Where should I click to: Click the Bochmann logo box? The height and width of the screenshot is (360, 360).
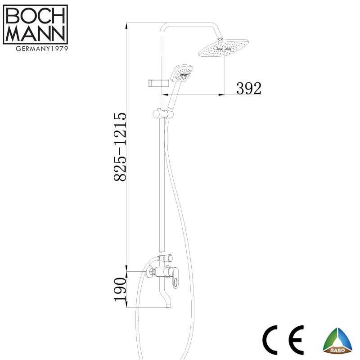(36, 24)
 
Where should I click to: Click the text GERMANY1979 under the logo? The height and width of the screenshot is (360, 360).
(42, 49)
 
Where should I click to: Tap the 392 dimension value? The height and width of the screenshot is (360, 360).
(249, 88)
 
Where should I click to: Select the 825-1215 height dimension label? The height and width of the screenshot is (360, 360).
(120, 147)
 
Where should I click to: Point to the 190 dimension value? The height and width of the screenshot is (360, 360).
(120, 289)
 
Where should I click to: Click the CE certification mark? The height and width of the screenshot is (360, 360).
(283, 340)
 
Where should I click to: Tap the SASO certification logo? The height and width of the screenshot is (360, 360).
(337, 341)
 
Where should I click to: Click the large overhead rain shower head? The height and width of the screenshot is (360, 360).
(223, 48)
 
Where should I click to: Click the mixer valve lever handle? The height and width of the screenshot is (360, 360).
(175, 279)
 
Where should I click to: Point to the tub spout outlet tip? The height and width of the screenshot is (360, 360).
(169, 306)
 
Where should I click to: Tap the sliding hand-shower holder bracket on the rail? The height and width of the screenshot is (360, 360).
(163, 114)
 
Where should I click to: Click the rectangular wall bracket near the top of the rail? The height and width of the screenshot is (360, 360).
(158, 83)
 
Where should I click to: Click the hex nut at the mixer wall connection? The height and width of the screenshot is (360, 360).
(152, 272)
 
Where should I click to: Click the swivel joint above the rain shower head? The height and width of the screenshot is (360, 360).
(220, 40)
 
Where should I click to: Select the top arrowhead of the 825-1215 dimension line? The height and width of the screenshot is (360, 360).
(126, 26)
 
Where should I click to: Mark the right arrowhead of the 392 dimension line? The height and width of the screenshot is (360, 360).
(221, 94)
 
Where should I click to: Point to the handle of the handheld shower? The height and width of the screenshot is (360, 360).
(173, 95)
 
